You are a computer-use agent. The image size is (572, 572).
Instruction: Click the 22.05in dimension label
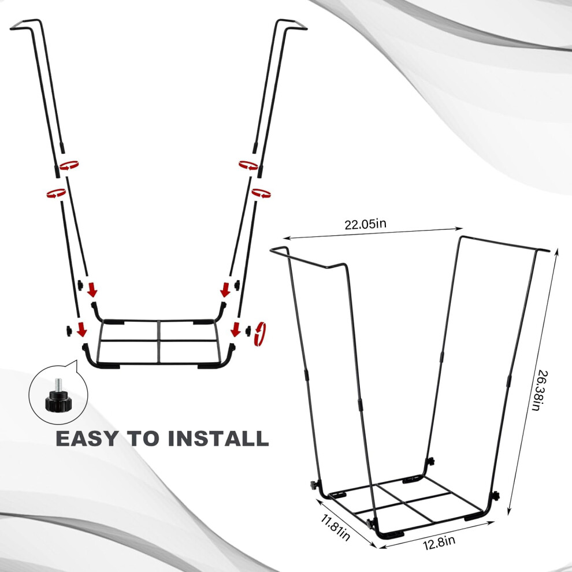(x=365, y=224)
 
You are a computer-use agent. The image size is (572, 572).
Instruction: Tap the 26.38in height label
(x=542, y=391)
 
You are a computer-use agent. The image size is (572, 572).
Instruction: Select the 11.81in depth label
(x=335, y=527)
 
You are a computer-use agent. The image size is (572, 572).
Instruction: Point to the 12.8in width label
(x=439, y=543)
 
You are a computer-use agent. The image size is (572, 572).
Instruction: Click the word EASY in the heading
(x=87, y=439)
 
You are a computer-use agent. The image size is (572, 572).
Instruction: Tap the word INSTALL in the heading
(x=218, y=439)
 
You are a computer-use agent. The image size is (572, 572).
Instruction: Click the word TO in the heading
(x=143, y=439)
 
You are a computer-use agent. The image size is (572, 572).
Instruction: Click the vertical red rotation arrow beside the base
(x=261, y=333)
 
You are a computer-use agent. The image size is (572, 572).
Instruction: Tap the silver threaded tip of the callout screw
(x=58, y=384)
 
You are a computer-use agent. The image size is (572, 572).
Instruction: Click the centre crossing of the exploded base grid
(x=159, y=341)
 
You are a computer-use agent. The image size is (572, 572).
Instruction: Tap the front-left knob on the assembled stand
(x=313, y=485)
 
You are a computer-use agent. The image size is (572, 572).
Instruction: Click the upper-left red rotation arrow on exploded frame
(x=69, y=165)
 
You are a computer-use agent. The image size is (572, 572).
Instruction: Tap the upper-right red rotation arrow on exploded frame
(x=248, y=165)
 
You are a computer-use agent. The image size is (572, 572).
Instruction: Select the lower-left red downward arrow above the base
(x=83, y=329)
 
